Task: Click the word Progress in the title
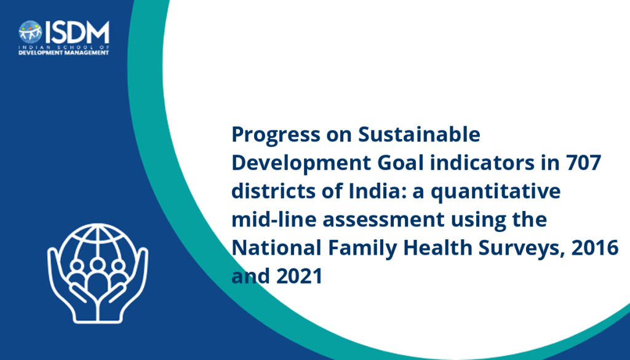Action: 275,135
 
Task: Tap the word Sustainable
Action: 419,134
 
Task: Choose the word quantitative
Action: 496,191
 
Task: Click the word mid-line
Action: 274,219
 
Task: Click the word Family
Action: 362,248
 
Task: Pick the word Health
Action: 437,247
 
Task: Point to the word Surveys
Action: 521,248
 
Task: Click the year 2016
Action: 595,247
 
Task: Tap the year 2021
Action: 300,276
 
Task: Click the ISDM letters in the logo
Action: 76,33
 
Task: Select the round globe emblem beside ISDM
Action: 30,32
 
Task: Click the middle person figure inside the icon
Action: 98,278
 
